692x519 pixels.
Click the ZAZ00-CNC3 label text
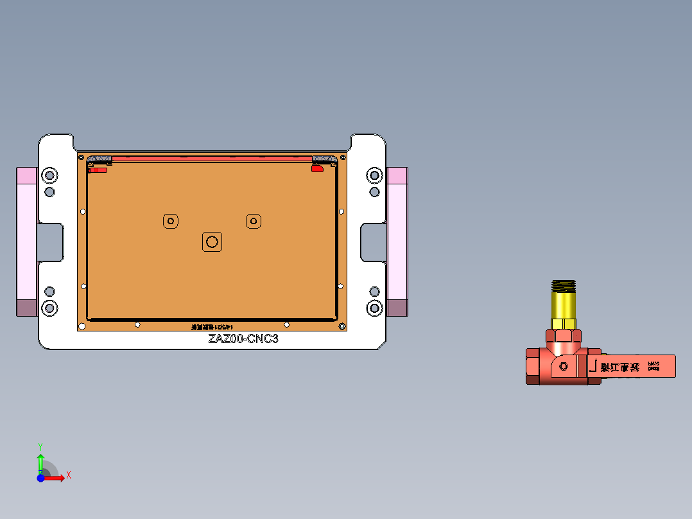click(243, 339)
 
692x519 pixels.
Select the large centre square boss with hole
click(212, 242)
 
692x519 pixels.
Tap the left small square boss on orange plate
click(171, 221)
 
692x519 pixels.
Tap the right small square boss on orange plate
click(254, 221)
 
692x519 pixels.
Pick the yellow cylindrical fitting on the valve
click(564, 306)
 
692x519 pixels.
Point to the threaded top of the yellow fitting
click(564, 286)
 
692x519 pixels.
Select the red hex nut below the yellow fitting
click(564, 334)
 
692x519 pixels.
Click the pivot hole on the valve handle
click(564, 366)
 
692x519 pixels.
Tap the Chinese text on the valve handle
click(620, 367)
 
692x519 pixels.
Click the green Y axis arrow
click(40, 461)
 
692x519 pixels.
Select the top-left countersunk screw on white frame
click(49, 175)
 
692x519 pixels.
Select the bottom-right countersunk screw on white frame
click(374, 308)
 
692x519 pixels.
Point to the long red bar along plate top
click(212, 157)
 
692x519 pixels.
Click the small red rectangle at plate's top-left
click(98, 170)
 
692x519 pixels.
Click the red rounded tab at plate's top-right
click(317, 168)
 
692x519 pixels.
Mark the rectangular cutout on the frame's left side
click(51, 242)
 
